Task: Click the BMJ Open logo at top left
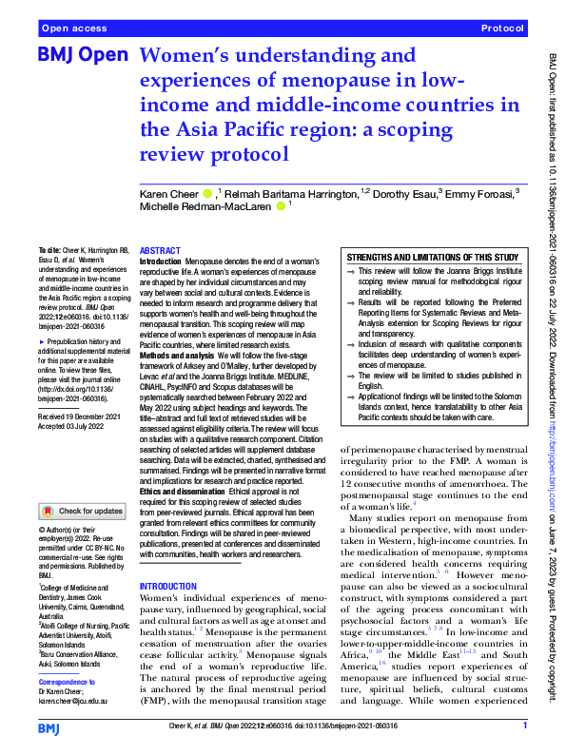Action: pyautogui.click(x=82, y=57)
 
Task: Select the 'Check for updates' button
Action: pyautogui.click(x=84, y=511)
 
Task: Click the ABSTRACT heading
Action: pyautogui.click(x=160, y=248)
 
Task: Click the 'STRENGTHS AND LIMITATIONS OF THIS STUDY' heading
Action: pyautogui.click(x=432, y=258)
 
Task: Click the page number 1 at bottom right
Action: pyautogui.click(x=524, y=727)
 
